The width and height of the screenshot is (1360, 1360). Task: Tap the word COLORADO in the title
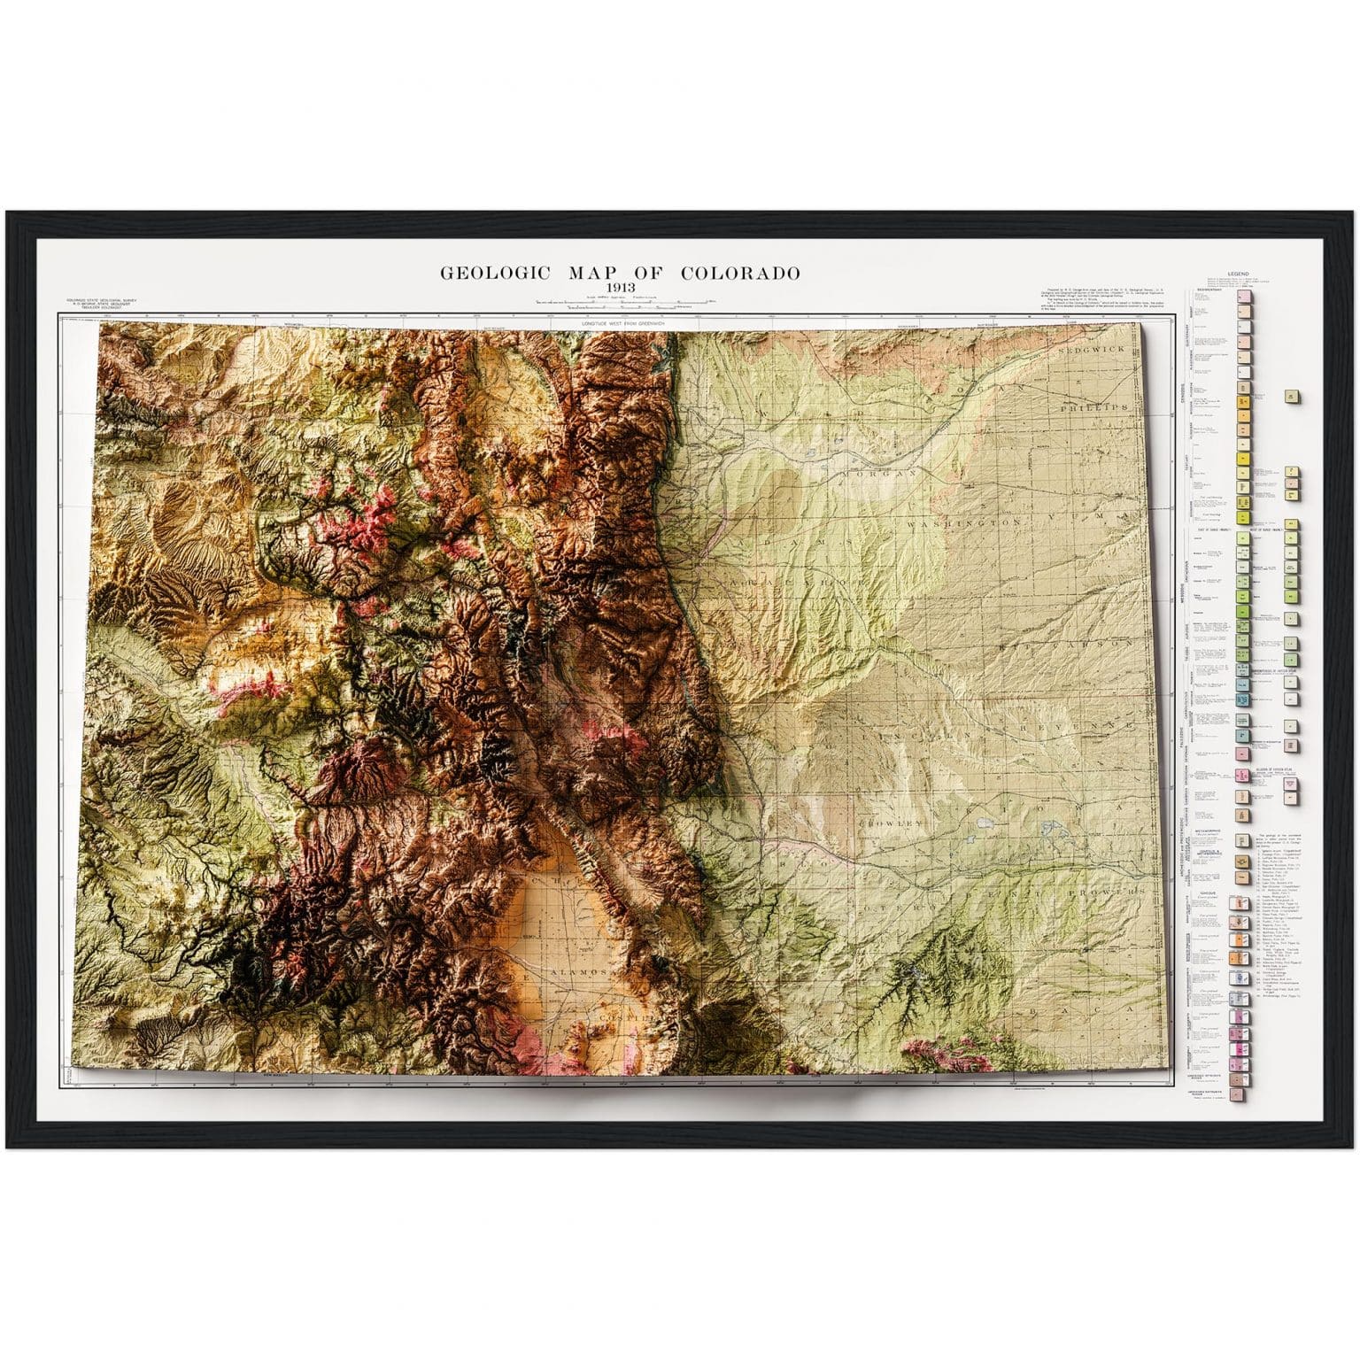coord(740,273)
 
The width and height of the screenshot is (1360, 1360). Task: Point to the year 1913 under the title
coord(619,289)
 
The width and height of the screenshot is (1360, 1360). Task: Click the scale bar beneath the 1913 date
coord(619,304)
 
